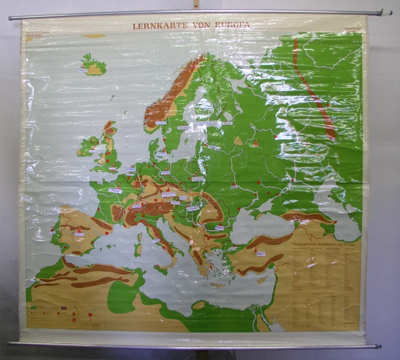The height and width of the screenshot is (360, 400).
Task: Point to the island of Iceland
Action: pyautogui.click(x=94, y=65)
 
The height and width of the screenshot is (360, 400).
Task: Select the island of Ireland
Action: pyautogui.click(x=87, y=146)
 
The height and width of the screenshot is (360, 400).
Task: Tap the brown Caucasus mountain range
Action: pyautogui.click(x=306, y=217)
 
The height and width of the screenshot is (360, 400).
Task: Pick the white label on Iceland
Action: pyautogui.click(x=83, y=69)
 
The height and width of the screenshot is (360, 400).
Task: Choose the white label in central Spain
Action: pyautogui.click(x=79, y=234)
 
